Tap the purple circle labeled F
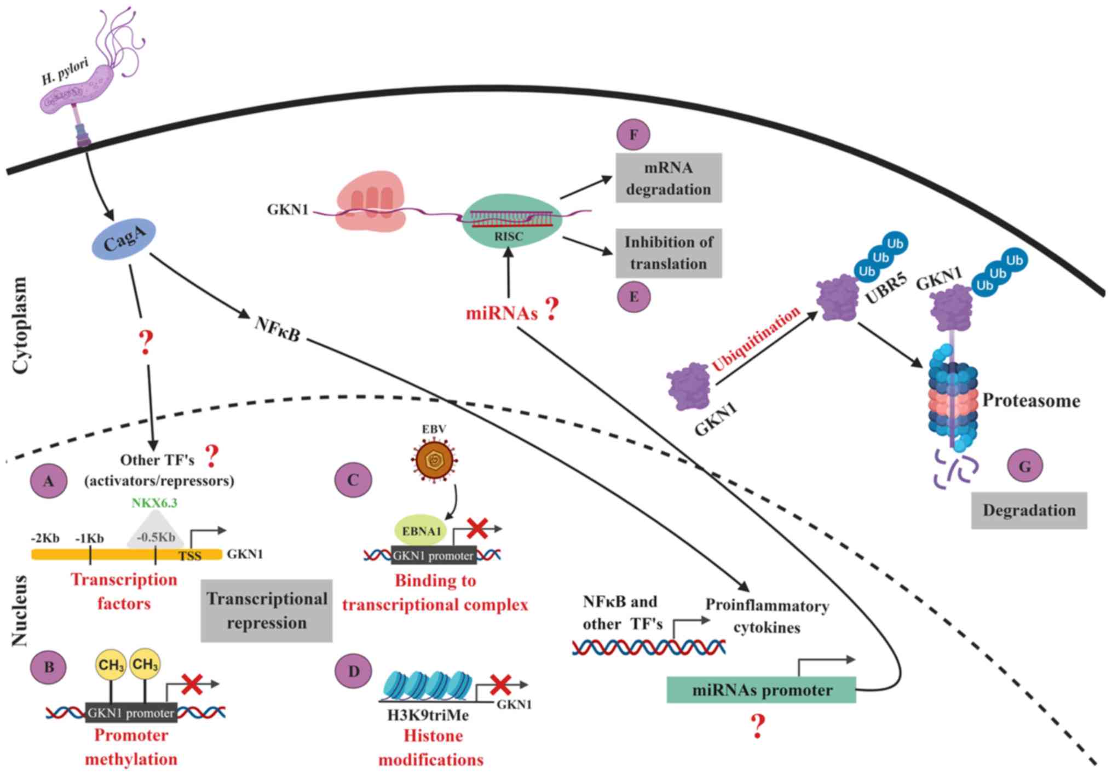(x=633, y=135)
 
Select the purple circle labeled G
(x=1024, y=466)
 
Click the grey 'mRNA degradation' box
(x=669, y=179)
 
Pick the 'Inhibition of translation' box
(x=669, y=253)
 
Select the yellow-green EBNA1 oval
(x=421, y=531)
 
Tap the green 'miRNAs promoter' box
(x=761, y=690)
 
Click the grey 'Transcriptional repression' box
(x=267, y=611)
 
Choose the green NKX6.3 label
(x=154, y=503)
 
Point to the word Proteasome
(x=1031, y=401)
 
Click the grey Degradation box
(x=1029, y=510)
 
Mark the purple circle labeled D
(x=354, y=671)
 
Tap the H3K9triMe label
(x=428, y=715)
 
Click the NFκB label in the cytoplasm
(x=277, y=329)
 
